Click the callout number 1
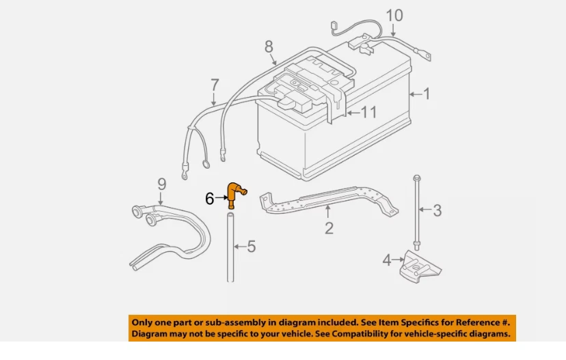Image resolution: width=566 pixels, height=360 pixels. point(427,92)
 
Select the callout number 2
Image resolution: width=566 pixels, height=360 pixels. point(329,228)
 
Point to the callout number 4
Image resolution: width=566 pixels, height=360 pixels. point(387,260)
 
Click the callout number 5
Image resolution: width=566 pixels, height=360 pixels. point(251,246)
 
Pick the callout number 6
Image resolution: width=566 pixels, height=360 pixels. point(210,199)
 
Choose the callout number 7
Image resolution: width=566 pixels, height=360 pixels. point(215,85)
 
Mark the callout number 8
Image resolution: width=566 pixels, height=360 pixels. point(269,46)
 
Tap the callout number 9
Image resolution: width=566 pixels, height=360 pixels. point(161,183)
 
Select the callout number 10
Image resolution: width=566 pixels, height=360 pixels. point(394,15)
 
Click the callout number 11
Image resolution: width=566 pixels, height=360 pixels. point(368,112)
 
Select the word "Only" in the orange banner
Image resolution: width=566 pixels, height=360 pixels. point(142,322)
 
